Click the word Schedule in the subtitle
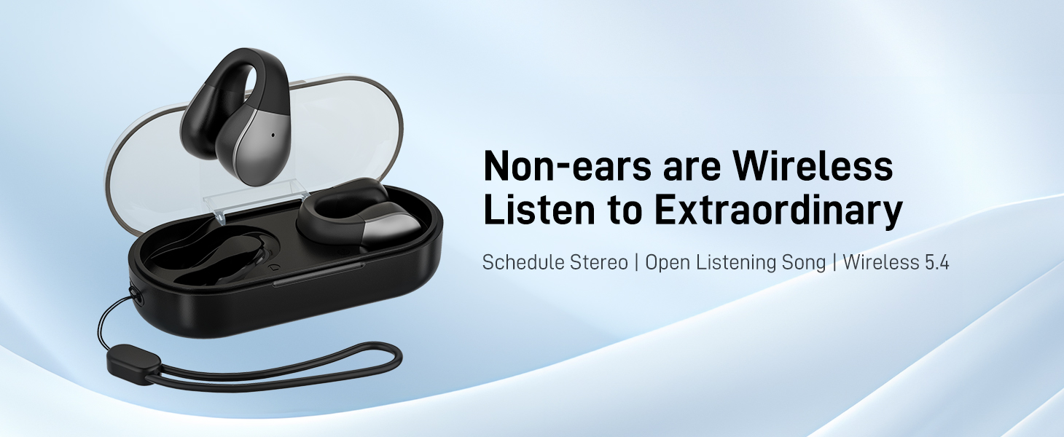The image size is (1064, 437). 522,262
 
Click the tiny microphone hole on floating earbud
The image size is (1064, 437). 273,135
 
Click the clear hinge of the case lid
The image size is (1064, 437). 238,204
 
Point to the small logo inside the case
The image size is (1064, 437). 278,267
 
